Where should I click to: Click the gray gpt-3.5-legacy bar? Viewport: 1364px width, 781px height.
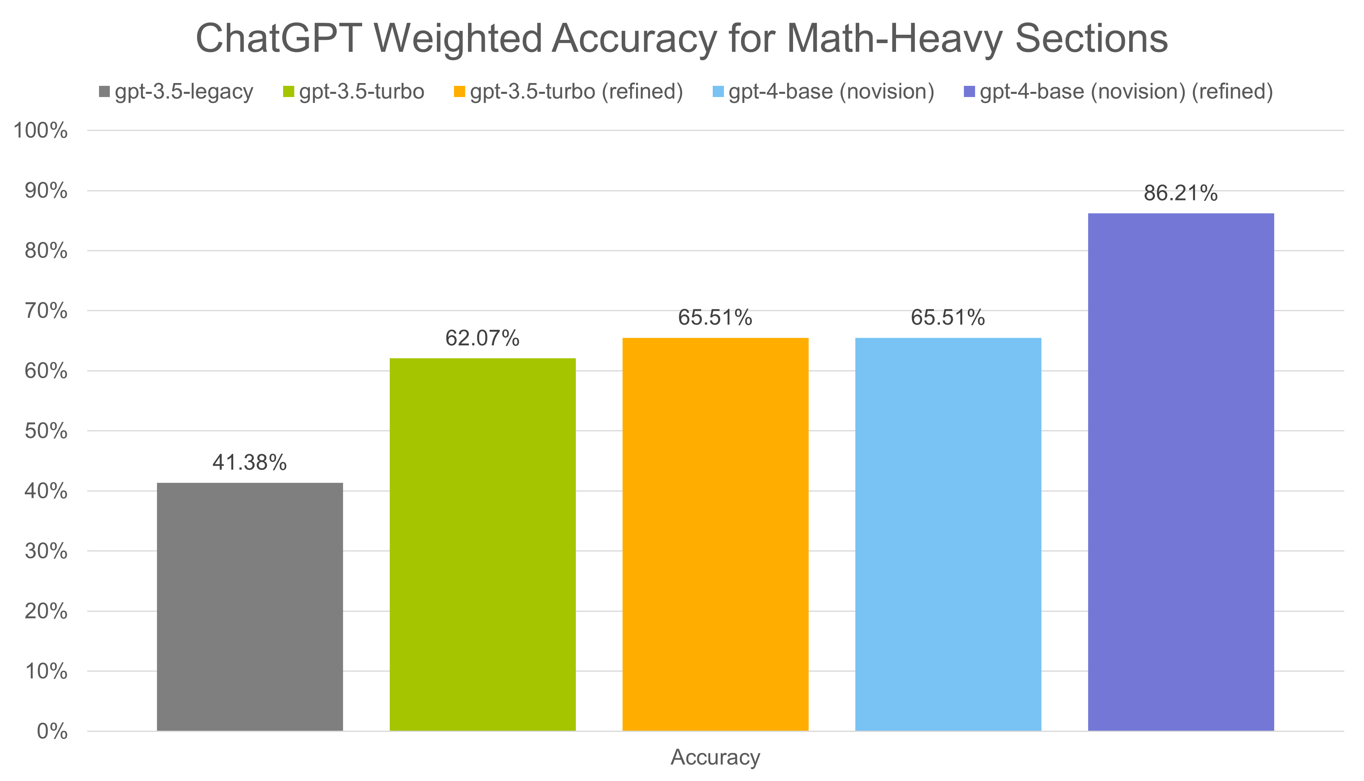pos(250,606)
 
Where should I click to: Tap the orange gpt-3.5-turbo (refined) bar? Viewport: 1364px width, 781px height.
pos(716,534)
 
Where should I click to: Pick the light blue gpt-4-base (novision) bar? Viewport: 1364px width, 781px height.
pos(948,534)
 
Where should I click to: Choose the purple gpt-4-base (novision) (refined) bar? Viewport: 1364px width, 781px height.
pos(1181,472)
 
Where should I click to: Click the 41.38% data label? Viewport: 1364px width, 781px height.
pos(250,462)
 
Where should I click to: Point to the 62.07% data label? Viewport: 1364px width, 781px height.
pos(483,339)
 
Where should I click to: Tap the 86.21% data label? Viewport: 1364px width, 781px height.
pos(1181,193)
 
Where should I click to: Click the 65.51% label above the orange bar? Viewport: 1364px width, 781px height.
pos(715,318)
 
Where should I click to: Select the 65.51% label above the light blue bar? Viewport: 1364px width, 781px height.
pos(948,318)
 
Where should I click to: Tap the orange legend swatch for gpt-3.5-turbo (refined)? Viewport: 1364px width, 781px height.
pos(460,92)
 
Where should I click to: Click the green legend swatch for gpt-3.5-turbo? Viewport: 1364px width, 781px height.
pos(289,92)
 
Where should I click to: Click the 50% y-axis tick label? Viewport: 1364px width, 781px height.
pos(46,431)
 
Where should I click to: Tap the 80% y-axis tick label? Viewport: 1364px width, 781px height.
pos(46,251)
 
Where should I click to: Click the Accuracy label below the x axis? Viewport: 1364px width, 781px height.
pos(716,757)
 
